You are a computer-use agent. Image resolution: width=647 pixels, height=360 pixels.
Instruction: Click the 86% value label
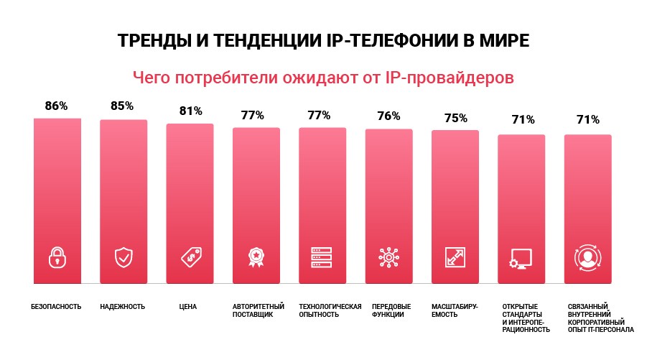point(56,106)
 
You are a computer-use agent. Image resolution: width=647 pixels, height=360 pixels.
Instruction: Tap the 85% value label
point(122,106)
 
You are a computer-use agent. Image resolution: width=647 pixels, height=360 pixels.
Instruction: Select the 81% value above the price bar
point(190,111)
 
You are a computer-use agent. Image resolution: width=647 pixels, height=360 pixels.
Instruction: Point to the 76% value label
point(388,116)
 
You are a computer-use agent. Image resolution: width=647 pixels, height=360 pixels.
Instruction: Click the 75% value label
point(455,118)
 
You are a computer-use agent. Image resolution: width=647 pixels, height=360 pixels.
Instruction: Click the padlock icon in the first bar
point(57,257)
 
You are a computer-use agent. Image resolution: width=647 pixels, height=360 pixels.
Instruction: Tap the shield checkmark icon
point(124,257)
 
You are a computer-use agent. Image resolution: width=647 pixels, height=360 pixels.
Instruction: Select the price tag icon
point(190,257)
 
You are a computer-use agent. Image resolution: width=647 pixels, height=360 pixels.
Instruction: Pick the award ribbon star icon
point(256,257)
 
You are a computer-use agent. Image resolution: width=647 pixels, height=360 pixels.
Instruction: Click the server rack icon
point(322,257)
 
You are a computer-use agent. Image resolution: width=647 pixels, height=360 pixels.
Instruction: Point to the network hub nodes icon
point(388,257)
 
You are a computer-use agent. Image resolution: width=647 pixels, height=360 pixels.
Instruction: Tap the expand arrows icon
point(455,257)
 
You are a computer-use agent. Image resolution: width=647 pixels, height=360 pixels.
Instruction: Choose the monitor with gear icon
point(521,258)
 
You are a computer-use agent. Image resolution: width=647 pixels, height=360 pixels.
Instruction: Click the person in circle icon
point(587,257)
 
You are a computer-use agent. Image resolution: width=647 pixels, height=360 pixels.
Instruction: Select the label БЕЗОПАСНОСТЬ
point(56,307)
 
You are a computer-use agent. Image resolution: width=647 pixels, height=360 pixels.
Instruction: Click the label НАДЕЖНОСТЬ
point(122,307)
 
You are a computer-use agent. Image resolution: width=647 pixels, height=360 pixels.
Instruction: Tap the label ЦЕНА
point(188,307)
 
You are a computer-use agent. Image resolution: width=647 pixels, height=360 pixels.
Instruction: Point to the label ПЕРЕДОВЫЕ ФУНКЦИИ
point(388,310)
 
